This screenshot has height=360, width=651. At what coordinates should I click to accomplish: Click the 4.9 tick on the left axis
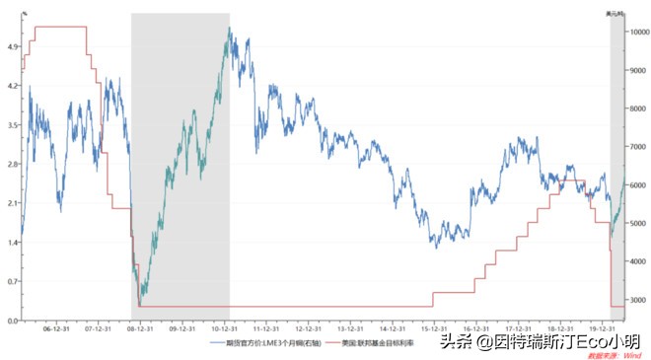(x=13, y=46)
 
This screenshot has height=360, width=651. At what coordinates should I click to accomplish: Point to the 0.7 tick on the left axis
(x=13, y=281)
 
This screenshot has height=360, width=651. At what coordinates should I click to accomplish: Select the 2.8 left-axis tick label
(x=13, y=164)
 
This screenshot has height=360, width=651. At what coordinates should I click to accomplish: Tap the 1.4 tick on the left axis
(x=13, y=242)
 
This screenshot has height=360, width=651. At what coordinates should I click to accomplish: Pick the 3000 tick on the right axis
(x=636, y=300)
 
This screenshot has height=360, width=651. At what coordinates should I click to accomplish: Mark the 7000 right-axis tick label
(x=636, y=147)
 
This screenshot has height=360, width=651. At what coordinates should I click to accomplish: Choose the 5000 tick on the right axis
(x=636, y=224)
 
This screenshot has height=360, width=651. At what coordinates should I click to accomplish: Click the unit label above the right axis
(x=615, y=13)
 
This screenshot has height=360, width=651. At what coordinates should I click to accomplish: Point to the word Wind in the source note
(x=632, y=354)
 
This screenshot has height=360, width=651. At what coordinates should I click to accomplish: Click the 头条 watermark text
(x=452, y=341)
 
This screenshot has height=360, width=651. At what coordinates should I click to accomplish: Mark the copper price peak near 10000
(x=229, y=29)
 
